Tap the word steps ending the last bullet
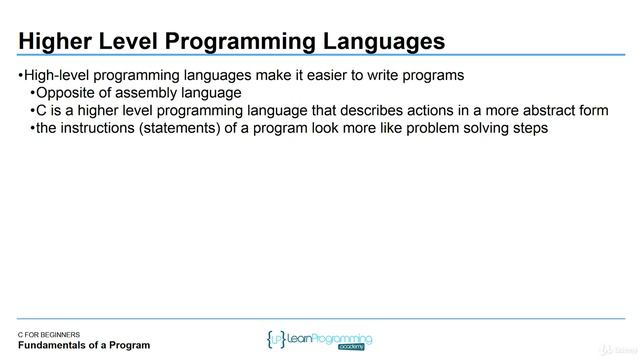point(530,128)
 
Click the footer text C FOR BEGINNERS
point(56,334)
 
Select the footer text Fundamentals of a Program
point(84,346)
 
